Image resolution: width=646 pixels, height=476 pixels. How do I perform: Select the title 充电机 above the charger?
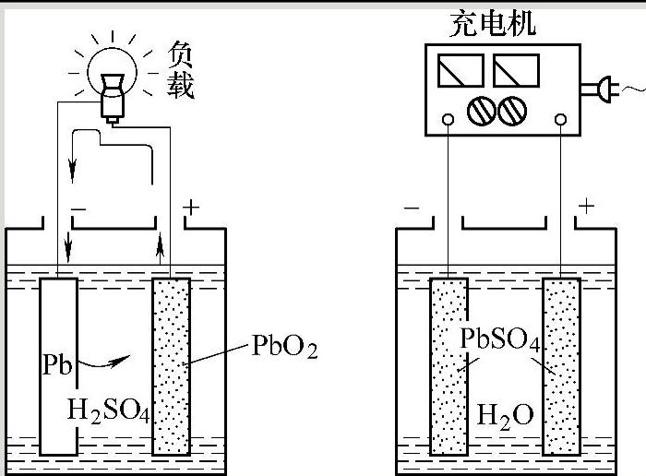click(493, 21)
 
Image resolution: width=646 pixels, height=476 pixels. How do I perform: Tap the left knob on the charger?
click(482, 113)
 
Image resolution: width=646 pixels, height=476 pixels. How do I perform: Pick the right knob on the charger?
click(511, 113)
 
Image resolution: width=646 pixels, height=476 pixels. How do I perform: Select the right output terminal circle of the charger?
click(560, 119)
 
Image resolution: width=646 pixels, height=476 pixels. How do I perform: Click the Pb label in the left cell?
click(56, 363)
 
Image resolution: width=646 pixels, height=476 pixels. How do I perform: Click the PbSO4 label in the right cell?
click(499, 339)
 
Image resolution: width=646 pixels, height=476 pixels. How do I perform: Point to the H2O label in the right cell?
click(505, 414)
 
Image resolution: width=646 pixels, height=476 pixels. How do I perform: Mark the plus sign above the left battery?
click(190, 208)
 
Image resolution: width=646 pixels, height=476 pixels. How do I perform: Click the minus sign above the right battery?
click(412, 208)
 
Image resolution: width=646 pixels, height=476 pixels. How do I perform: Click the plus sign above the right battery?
click(585, 205)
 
